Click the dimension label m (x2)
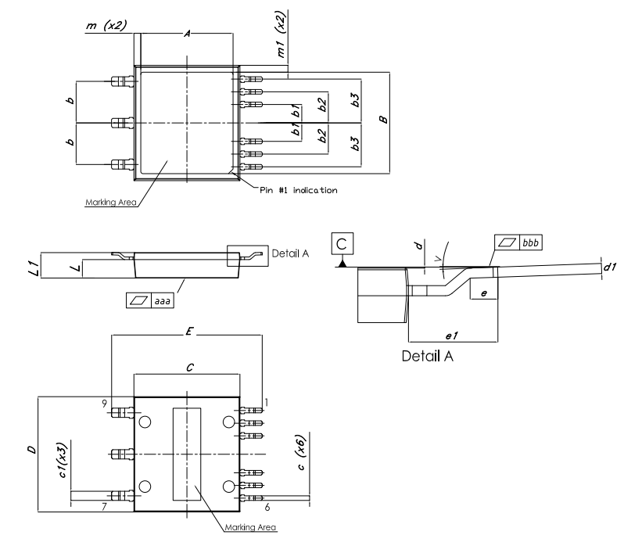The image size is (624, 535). click(106, 27)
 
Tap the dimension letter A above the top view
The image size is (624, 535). click(186, 34)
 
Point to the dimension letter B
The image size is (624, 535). click(382, 120)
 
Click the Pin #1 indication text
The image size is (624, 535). click(299, 190)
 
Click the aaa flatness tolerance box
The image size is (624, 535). click(149, 300)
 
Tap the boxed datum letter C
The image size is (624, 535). click(341, 244)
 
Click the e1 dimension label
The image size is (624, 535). click(451, 334)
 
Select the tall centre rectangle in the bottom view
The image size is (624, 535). click(186, 454)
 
